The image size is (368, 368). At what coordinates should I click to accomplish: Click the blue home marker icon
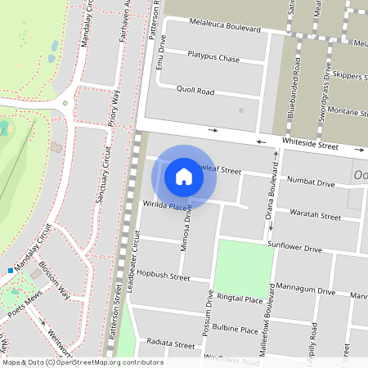click(x=184, y=176)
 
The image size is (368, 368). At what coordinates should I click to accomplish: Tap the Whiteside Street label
click(x=310, y=144)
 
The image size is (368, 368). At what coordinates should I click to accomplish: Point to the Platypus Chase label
click(x=213, y=58)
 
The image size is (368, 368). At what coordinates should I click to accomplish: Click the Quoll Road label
click(x=195, y=92)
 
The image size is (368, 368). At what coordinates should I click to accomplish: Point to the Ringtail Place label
click(x=241, y=299)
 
